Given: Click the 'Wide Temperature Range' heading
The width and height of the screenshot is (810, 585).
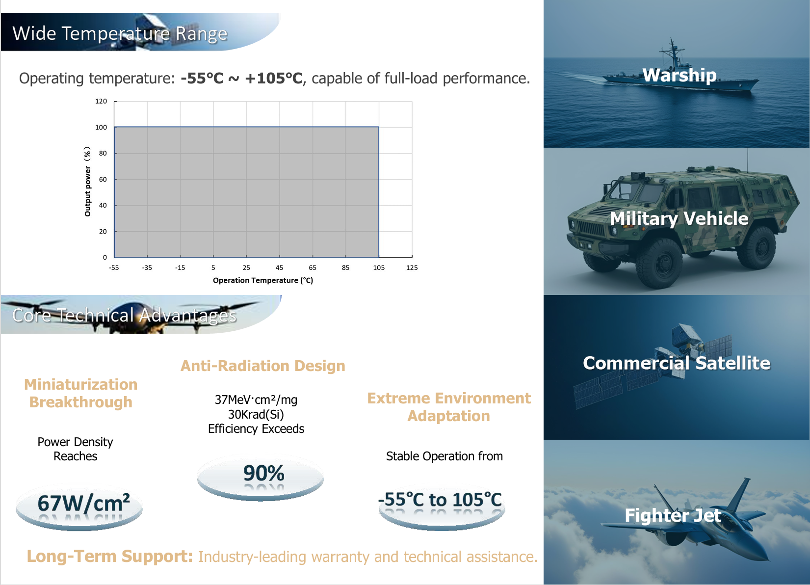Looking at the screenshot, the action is pyautogui.click(x=120, y=34).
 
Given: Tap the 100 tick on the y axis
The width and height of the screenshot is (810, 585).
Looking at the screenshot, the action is pyautogui.click(x=101, y=127).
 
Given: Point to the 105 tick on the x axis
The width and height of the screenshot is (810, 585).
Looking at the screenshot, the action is pyautogui.click(x=379, y=268).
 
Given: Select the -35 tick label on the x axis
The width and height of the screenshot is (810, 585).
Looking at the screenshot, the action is pyautogui.click(x=147, y=268).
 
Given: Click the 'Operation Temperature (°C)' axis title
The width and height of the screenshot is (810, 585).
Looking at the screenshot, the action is pyautogui.click(x=263, y=280).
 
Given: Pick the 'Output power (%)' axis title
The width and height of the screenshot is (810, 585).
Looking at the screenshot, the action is pyautogui.click(x=87, y=182).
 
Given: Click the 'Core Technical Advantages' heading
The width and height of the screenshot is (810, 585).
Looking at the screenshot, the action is pyautogui.click(x=124, y=315).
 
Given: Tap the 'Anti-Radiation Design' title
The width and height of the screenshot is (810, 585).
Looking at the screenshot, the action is pyautogui.click(x=263, y=366).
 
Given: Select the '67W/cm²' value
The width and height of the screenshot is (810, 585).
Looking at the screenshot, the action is pyautogui.click(x=83, y=503).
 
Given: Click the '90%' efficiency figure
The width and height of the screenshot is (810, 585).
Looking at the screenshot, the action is pyautogui.click(x=263, y=473).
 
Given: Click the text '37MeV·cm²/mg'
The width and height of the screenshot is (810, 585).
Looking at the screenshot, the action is pyautogui.click(x=256, y=400).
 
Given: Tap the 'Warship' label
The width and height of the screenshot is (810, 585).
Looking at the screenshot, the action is pyautogui.click(x=679, y=76).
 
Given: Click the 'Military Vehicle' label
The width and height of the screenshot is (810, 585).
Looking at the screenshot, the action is pyautogui.click(x=679, y=218).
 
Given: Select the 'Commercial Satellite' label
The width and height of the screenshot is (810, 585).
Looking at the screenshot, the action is pyautogui.click(x=677, y=363).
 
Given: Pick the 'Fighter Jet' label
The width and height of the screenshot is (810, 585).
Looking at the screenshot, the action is pyautogui.click(x=673, y=515).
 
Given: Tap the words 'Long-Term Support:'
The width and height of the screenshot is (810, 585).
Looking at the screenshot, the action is pyautogui.click(x=109, y=557).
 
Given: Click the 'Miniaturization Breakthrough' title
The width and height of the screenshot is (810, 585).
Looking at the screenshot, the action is pyautogui.click(x=80, y=393).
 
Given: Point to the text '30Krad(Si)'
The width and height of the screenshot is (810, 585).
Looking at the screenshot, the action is pyautogui.click(x=256, y=414).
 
